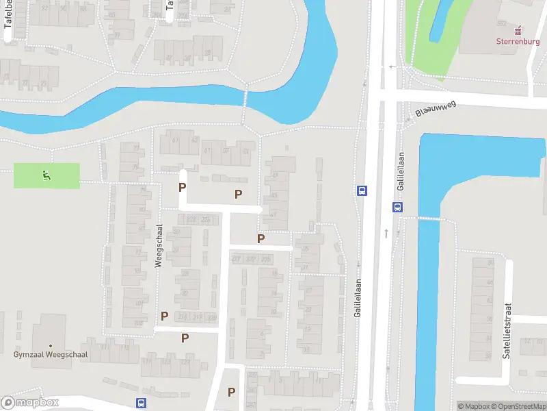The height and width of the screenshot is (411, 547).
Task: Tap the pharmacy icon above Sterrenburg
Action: pyautogui.click(x=518, y=29)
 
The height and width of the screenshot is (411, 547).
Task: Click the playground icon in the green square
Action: pyautogui.click(x=46, y=175)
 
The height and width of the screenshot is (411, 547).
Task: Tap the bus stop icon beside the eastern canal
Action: pyautogui.click(x=397, y=207)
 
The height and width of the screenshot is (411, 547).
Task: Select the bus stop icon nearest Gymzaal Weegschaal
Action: pyautogui.click(x=142, y=403)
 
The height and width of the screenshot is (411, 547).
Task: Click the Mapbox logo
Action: pyautogui.click(x=30, y=403)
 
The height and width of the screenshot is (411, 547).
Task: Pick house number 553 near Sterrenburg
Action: pyautogui.click(x=501, y=23)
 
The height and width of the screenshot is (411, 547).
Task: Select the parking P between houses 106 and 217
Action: pyautogui.click(x=164, y=316)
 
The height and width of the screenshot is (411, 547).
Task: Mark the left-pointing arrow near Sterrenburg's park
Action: pyautogui.click(x=392, y=66)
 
